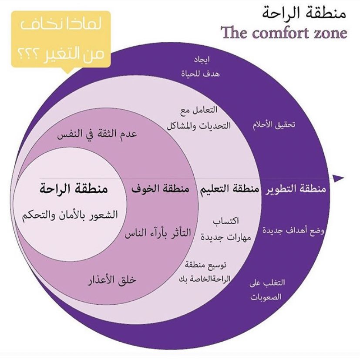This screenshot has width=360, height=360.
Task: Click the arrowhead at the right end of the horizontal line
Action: [x=338, y=178]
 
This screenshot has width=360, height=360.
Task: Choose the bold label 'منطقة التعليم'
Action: [x=229, y=190]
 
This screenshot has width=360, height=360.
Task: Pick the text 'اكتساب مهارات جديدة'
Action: [x=224, y=229]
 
